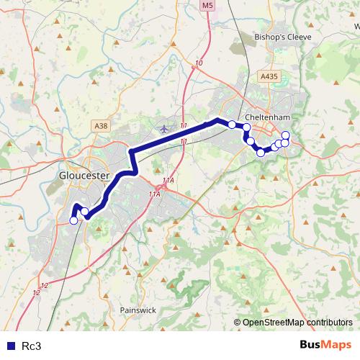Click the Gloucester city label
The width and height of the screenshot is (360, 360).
point(84,175)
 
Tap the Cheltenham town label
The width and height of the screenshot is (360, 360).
point(266,116)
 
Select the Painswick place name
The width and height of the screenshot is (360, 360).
point(138,310)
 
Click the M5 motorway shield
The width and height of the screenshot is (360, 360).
point(207,6)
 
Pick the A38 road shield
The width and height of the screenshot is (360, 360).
point(102,126)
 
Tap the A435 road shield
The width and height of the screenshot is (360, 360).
point(269,76)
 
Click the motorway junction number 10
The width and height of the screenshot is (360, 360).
point(199,64)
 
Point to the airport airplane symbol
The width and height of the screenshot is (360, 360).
point(165,129)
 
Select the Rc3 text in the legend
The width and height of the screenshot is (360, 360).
point(32,346)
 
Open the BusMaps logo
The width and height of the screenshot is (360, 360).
point(325,345)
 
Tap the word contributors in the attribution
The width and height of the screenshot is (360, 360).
point(328,323)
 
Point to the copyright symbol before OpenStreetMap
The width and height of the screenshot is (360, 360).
point(238,323)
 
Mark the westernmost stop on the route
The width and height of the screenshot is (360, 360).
point(73,221)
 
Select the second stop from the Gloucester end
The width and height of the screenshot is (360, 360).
point(85,211)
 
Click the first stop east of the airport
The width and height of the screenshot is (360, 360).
point(232,125)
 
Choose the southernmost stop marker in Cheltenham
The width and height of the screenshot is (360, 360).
point(261,153)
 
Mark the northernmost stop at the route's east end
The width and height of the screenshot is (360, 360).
point(286,135)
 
